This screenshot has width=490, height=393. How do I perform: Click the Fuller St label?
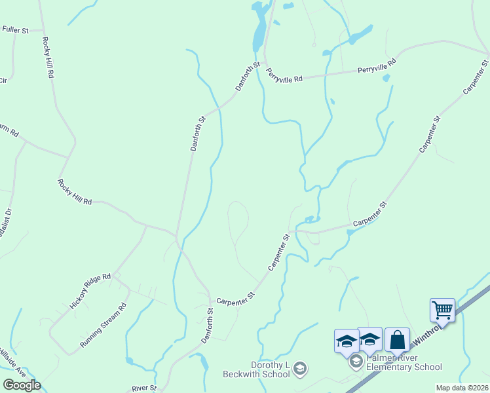pyautogui.click(x=16, y=30)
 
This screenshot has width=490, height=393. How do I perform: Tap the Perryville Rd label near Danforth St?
pyautogui.click(x=288, y=78)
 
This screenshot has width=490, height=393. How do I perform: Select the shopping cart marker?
pyautogui.click(x=442, y=310)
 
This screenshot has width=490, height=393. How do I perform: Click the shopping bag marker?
pyautogui.click(x=397, y=340)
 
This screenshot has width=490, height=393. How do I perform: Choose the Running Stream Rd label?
pyautogui.click(x=103, y=325)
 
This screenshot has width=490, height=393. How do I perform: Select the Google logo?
pyautogui.click(x=22, y=385)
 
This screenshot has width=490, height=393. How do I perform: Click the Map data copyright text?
pyautogui.click(x=462, y=388)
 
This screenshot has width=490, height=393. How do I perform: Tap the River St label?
pyautogui.click(x=144, y=388)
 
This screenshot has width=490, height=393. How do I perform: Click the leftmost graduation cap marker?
pyautogui.click(x=347, y=341)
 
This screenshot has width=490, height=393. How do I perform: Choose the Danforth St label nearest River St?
pyautogui.click(x=208, y=326)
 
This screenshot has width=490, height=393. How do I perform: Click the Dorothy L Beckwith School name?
pyautogui.click(x=270, y=370)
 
